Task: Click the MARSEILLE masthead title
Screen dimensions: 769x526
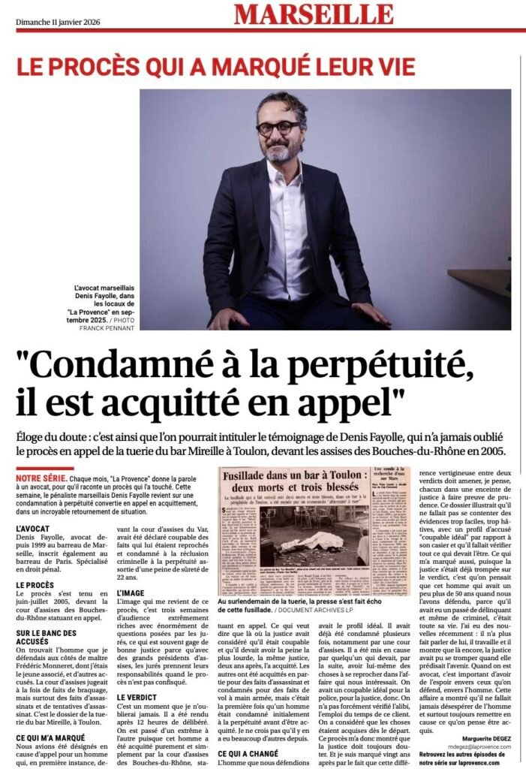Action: click(x=313, y=14)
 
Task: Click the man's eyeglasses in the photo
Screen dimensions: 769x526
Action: click(x=278, y=128)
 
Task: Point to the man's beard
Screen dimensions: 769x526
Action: click(x=279, y=152)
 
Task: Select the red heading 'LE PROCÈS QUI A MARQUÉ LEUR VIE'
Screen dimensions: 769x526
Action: click(x=216, y=67)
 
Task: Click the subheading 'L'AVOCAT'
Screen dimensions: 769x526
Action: click(x=37, y=529)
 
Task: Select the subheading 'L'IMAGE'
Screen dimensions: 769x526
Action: click(x=132, y=593)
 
